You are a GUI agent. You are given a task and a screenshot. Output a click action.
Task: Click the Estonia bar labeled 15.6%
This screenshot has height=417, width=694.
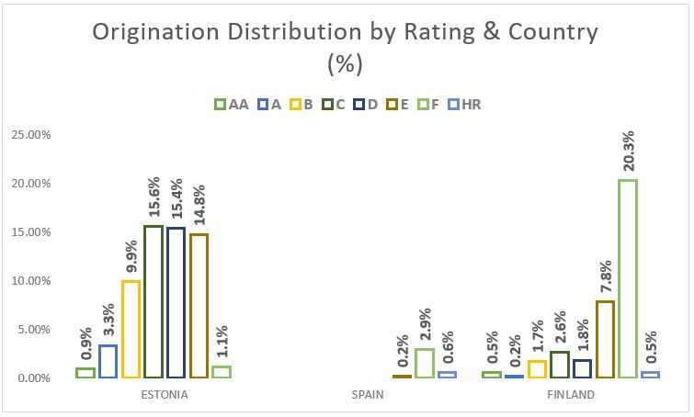[154, 301]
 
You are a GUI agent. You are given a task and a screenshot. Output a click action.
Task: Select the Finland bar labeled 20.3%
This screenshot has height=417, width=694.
[628, 278]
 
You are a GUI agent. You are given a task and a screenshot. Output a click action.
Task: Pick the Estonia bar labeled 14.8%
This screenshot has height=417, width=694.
[199, 305]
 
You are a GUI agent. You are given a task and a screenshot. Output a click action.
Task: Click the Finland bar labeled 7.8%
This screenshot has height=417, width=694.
[605, 339]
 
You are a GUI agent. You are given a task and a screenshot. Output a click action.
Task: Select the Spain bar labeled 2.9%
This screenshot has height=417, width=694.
[425, 363]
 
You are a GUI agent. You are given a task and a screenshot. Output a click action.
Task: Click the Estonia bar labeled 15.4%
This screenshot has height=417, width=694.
[176, 302]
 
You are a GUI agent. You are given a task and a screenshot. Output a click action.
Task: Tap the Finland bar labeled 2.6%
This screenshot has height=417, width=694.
[560, 365]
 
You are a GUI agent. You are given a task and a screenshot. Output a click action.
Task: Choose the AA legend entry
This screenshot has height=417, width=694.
[233, 105]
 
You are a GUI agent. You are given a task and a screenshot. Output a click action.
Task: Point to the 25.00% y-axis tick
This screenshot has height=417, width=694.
[31, 134]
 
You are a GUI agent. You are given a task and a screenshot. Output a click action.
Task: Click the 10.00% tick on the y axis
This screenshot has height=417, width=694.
[31, 280]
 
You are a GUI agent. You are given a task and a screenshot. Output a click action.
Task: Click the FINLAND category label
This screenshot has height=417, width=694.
[571, 395]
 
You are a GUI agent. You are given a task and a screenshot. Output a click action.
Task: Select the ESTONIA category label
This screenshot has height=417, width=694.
[165, 395]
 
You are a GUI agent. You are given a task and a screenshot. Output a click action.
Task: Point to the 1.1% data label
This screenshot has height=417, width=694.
[222, 341]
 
